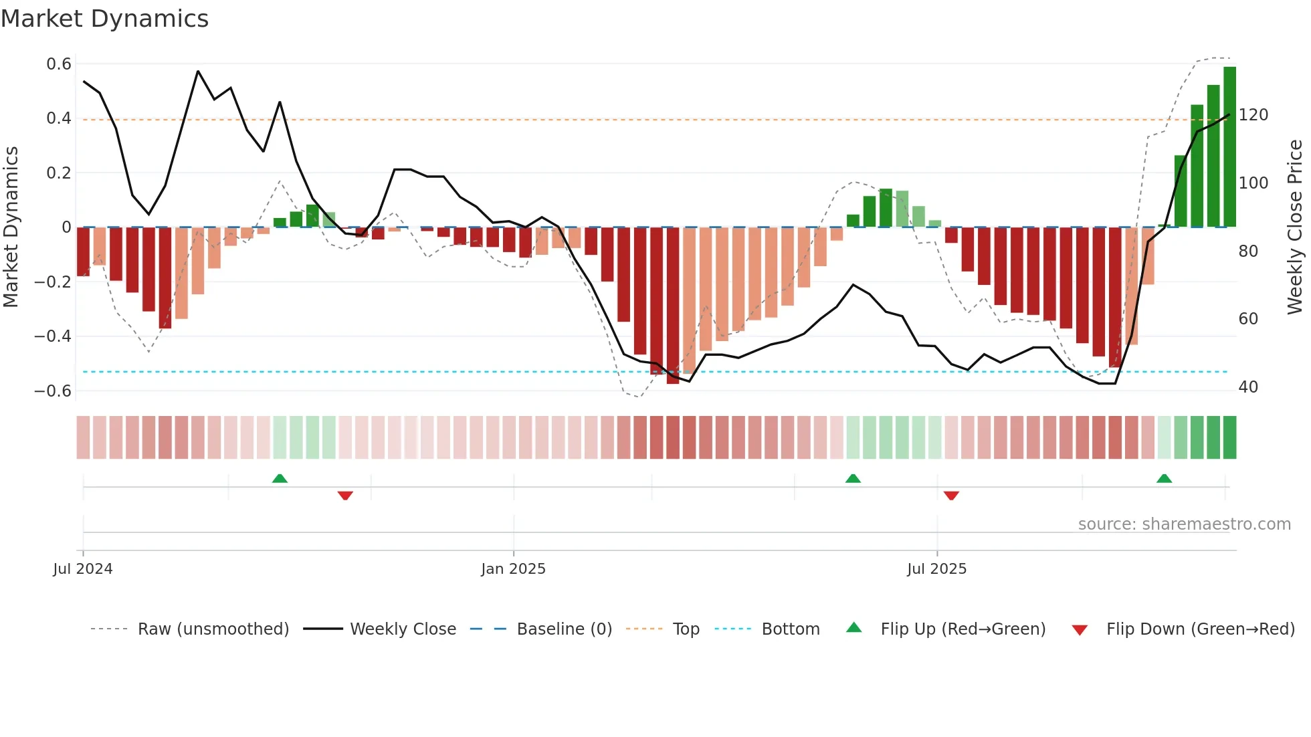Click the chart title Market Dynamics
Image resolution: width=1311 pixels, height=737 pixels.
point(104,19)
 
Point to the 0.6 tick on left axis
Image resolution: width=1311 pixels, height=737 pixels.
point(58,64)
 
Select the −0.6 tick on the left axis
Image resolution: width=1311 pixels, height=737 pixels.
point(53,391)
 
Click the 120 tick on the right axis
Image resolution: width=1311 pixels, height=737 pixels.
point(1253,115)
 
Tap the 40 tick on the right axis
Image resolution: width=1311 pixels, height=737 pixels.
point(1247,387)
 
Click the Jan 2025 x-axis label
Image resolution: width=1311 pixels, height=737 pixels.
point(513,569)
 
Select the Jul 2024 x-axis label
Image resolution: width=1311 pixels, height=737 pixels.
point(83,569)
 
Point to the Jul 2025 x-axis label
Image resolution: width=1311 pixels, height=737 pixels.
point(936,569)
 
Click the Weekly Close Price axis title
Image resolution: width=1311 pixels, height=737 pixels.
point(1295,227)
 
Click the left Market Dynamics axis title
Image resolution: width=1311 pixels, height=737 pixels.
point(11,227)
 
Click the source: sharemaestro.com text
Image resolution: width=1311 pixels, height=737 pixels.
point(1184,524)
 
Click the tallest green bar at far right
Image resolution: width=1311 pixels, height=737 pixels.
point(1229,147)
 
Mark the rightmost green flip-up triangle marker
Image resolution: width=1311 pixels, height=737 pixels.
point(1164,479)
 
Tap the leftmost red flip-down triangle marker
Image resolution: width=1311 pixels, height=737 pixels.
point(345,496)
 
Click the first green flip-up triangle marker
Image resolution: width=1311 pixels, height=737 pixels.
point(280,479)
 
